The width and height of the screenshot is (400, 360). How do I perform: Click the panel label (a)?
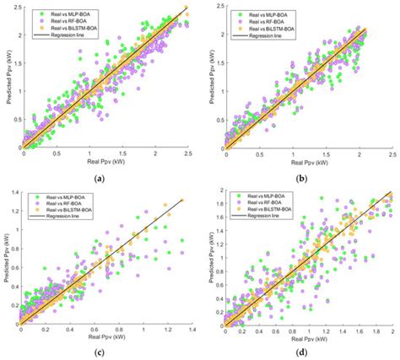point(100,177)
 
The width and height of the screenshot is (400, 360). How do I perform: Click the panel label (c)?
point(100,352)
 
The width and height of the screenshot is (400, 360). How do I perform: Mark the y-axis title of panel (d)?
point(206,256)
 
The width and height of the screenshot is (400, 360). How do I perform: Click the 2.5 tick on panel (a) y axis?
point(14,7)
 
